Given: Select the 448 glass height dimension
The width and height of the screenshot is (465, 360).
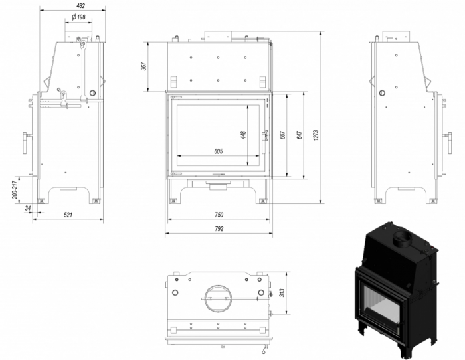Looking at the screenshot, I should tap(244, 135).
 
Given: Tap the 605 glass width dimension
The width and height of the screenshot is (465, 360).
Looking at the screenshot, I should tap(219, 151).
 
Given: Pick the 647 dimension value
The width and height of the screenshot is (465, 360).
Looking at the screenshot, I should tap(300, 135).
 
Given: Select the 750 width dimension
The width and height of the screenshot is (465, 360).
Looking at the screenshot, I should tap(219, 214).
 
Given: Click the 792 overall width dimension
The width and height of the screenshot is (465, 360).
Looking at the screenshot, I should tap(219, 229).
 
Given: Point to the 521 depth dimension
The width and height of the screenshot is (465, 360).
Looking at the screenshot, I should tap(68, 215).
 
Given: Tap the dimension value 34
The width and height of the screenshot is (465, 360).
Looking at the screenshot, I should tap(27, 209).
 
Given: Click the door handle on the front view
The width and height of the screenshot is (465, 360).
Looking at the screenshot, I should tap(266, 135).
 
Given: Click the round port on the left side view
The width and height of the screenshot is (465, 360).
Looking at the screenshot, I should tap(92, 92).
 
